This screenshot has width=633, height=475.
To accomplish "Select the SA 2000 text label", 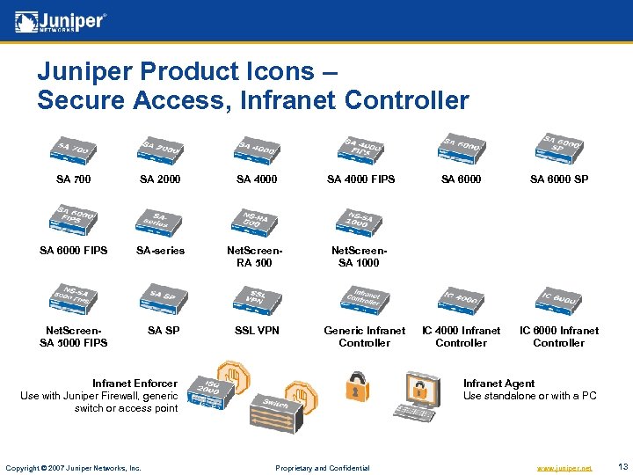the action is [160, 179].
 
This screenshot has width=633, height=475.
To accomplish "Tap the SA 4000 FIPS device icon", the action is [361, 150].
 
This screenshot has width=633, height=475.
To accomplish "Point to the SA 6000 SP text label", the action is [558, 179].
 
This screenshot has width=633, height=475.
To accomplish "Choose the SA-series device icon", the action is [160, 222].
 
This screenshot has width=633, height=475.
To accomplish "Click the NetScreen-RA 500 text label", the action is [257, 257].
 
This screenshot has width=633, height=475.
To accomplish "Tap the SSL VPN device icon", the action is [257, 299].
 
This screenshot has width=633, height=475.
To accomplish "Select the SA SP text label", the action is [164, 331].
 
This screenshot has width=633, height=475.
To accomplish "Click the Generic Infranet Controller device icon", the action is [363, 300].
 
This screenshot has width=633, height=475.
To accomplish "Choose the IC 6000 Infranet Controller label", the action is [558, 337].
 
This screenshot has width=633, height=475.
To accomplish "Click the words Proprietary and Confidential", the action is [323, 468].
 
